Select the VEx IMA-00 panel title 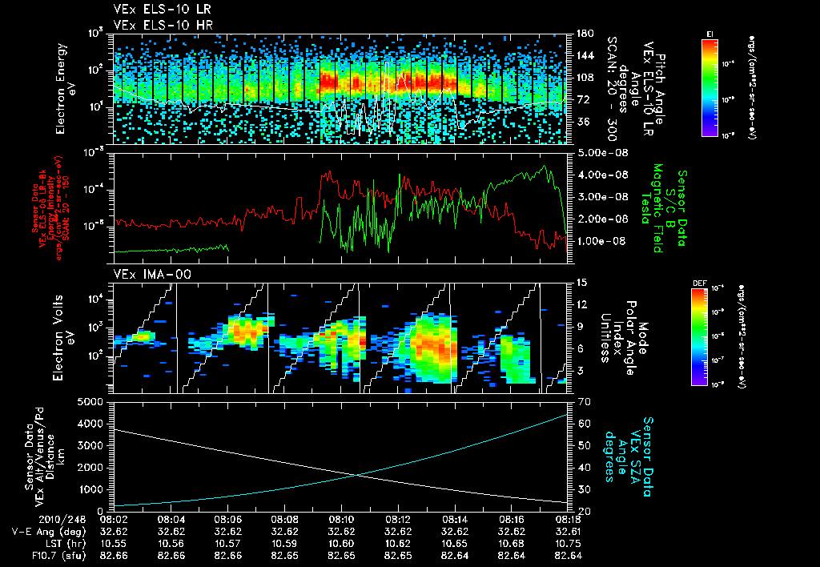pyautogui.click(x=141, y=275)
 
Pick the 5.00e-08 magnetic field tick pyautogui.click(x=598, y=152)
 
